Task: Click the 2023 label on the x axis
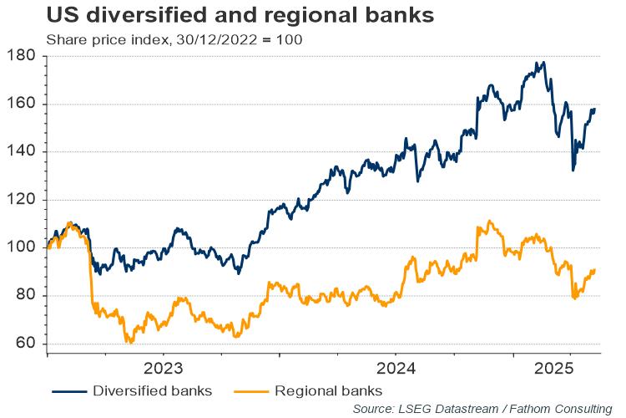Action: pyautogui.click(x=164, y=369)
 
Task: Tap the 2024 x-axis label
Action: pyautogui.click(x=396, y=369)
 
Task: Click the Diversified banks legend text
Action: pyautogui.click(x=152, y=390)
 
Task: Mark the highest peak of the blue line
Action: pyautogui.click(x=543, y=63)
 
